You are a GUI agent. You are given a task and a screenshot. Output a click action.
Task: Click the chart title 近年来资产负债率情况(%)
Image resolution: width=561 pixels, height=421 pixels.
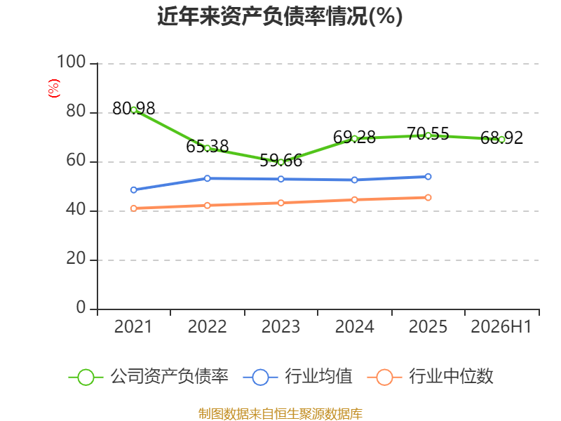pos(280,16)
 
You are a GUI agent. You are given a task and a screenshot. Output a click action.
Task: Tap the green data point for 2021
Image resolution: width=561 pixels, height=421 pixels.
pos(134,110)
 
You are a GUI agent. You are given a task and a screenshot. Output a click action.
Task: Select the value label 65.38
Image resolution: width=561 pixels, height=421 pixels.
pos(207,146)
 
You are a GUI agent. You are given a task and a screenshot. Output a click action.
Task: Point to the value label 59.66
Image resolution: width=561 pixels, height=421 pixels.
pos(281,161)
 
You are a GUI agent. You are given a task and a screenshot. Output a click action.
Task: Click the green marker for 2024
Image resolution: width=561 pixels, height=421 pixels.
pos(355,138)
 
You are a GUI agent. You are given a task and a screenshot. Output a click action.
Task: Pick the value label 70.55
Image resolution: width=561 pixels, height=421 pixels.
pos(428,134)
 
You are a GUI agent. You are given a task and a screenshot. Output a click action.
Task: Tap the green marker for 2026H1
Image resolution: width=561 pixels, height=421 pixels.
pos(501,140)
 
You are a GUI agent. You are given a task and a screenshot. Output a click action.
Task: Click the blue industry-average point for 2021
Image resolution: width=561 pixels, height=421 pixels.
pos(134,189)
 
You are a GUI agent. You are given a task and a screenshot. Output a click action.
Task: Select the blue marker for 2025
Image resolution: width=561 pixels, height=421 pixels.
pos(428,177)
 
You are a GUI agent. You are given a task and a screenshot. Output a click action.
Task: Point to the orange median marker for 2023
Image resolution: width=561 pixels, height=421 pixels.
pos(281,203)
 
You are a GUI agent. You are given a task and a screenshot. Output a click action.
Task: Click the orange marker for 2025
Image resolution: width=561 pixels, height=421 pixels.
pos(428,198)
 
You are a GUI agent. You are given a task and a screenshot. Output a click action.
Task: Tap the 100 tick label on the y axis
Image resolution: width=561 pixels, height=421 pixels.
pos(72,62)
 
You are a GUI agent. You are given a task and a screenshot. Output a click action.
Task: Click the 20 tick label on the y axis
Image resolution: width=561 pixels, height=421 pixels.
pos(76,258)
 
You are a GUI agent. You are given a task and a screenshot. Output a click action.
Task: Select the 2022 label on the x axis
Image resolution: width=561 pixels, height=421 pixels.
pos(207,326)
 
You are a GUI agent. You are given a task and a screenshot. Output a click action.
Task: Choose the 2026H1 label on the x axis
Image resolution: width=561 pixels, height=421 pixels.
pos(501,326)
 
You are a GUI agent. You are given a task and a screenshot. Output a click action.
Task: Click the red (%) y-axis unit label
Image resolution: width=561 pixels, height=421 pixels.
pos(54,88)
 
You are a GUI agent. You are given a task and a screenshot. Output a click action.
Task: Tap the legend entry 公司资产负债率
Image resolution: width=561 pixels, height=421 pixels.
pos(149,377)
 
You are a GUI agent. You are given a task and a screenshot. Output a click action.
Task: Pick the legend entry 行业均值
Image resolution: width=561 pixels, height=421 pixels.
pos(297,377)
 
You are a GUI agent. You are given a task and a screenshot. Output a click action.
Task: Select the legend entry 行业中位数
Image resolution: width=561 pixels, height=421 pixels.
pos(431,377)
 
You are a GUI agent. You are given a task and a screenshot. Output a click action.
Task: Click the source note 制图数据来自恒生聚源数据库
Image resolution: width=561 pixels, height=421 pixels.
pos(280,414)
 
